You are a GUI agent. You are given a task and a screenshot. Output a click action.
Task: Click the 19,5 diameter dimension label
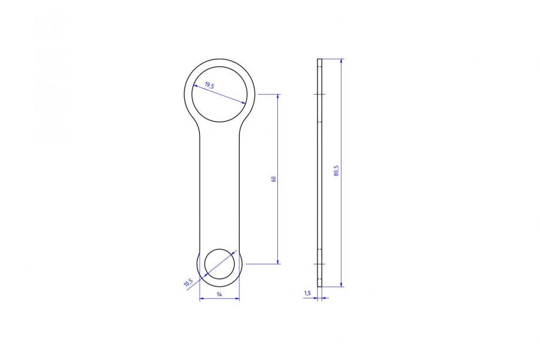coord(209,85)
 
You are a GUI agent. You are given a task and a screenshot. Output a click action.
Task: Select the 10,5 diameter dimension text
coord(189,282)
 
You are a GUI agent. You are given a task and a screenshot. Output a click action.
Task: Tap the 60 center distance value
coord(274,179)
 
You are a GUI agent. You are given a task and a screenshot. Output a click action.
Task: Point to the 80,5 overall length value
coord(337,171)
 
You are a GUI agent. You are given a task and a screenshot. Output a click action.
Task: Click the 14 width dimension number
coord(219,294)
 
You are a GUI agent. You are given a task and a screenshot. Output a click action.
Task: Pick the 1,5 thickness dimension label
coord(307,293)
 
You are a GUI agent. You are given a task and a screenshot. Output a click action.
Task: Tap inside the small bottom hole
coord(220,264)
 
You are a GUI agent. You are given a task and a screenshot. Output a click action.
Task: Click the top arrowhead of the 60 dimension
coord(279,96)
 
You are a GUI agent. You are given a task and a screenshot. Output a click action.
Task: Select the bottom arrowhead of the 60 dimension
coord(279,261)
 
